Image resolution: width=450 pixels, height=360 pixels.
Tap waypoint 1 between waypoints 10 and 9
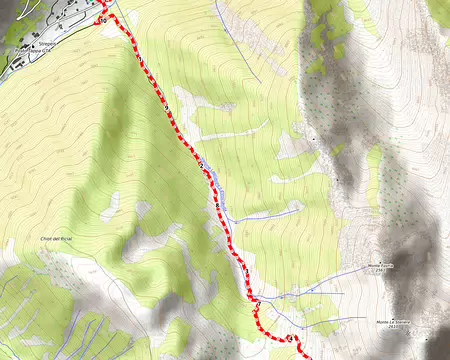tap(165, 109)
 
